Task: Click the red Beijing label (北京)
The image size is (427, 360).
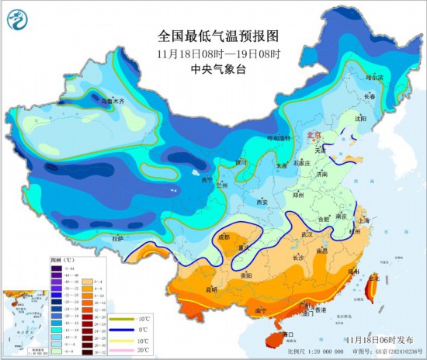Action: (314, 134)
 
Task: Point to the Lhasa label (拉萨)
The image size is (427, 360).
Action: (116, 239)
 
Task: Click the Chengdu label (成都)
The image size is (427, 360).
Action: (224, 237)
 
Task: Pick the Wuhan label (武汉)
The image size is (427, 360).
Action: (307, 234)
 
